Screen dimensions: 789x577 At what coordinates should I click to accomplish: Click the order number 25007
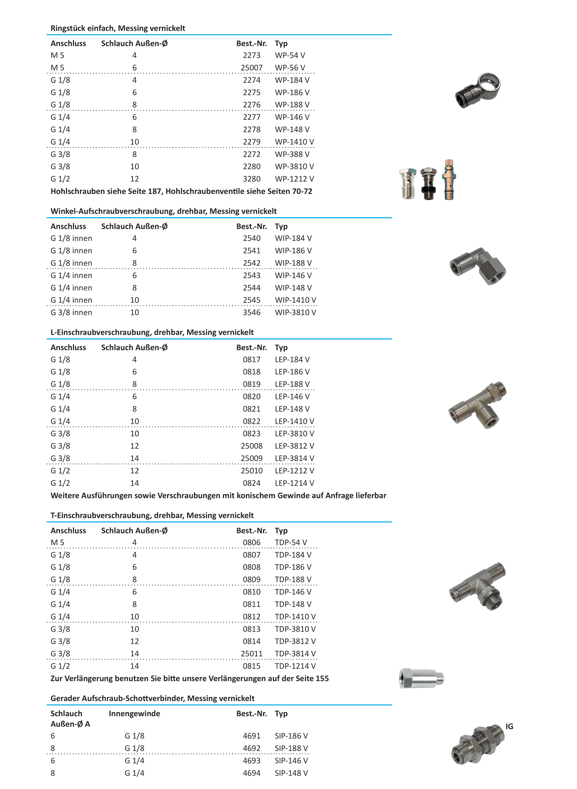pos(251,67)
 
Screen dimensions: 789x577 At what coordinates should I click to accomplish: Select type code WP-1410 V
pos(294,142)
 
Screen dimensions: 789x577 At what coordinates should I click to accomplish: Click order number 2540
pos(252,238)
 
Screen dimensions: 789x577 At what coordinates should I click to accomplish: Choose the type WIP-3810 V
pos(295,312)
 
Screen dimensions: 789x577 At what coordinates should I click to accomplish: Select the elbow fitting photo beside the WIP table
pos(478,266)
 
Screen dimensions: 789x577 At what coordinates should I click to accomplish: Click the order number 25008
pos(251,446)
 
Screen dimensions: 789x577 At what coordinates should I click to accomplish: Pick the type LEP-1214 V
pos(294,483)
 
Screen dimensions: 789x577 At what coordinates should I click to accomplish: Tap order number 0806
pos(252,542)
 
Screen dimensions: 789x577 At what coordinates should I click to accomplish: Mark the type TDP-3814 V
pos(295,653)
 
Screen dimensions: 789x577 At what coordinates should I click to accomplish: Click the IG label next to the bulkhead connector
pos(509,727)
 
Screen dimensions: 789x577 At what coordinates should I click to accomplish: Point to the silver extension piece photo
pos(421,679)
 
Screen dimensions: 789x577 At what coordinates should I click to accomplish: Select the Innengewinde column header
pos(134,714)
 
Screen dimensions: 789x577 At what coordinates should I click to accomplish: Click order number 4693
pos(252,760)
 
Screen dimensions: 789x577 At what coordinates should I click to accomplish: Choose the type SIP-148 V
pos(291,773)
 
